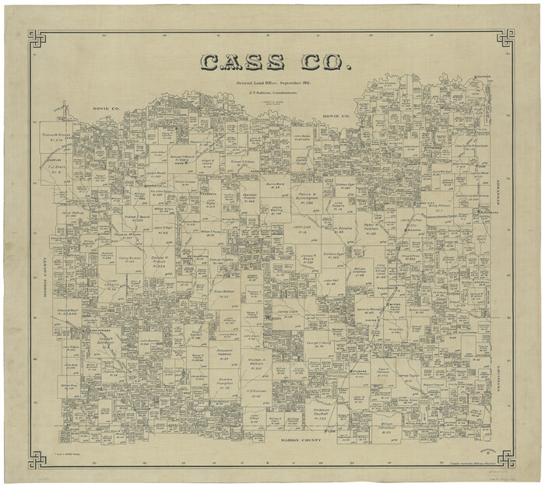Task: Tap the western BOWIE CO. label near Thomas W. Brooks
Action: coord(103,108)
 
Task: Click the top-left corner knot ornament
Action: coord(37,38)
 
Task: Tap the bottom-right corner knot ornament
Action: coord(505,459)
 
